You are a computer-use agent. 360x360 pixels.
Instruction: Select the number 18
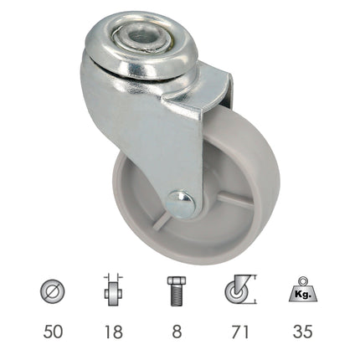(113, 332)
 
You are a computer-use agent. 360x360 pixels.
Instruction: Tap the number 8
(175, 332)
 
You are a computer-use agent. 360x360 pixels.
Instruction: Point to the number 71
(240, 332)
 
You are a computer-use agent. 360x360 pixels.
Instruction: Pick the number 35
(303, 332)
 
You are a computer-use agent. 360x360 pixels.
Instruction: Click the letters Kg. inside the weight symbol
(303, 295)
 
